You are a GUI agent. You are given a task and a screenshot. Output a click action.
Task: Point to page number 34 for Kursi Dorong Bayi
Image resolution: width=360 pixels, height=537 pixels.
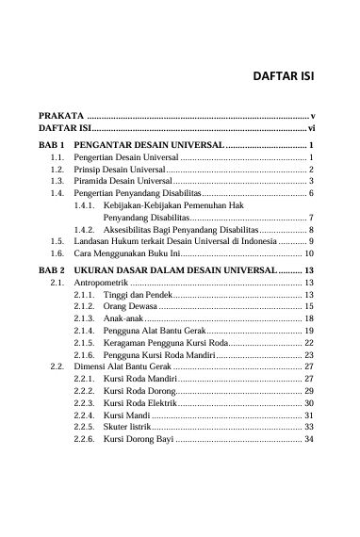pyautogui.click(x=309, y=440)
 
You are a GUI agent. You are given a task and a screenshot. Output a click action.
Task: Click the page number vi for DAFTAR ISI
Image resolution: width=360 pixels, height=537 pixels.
pyautogui.click(x=310, y=126)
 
